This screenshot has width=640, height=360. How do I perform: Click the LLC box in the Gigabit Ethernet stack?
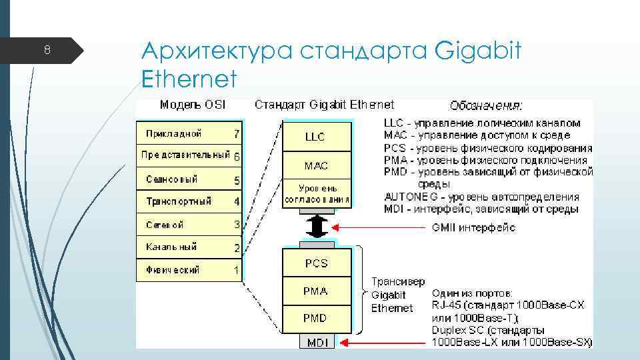tap(316, 137)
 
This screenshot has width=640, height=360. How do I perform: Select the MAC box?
tap(316, 165)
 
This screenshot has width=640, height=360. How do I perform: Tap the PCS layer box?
tap(316, 263)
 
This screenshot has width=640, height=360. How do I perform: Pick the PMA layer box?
tap(316, 291)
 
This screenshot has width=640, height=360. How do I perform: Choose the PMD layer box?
tap(316, 318)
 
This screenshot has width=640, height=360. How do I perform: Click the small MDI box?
tap(317, 342)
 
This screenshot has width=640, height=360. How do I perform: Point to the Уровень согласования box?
tap(316, 193)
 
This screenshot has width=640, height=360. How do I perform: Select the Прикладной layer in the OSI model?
tap(174, 133)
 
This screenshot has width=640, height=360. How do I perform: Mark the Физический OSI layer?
tap(173, 270)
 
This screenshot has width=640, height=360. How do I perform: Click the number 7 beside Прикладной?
tap(237, 133)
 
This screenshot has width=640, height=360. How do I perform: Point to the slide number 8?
tap(47, 50)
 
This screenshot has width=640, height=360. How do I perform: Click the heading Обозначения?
tap(486, 105)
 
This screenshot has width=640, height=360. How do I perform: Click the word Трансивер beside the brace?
tap(398, 282)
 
